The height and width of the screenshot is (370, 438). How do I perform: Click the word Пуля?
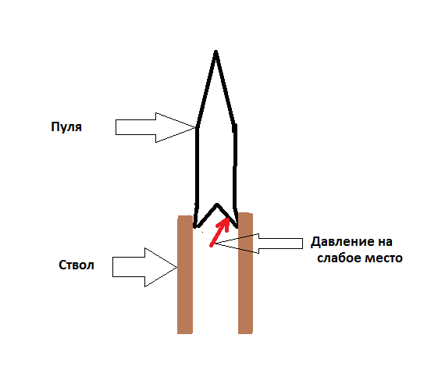pos(66,127)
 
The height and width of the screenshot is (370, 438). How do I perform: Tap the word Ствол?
pos(77,265)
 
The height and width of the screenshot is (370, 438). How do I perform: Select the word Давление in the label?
pos(340,242)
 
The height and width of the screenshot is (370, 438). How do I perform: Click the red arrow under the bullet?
pos(220,232)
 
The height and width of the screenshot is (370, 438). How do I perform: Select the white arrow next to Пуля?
pos(155,127)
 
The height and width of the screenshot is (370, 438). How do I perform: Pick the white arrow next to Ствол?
pos(144,267)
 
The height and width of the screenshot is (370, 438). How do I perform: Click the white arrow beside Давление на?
pos(258,244)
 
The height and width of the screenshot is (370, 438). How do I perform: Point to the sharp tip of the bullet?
pos(215,51)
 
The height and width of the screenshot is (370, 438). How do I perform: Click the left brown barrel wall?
pos(185,275)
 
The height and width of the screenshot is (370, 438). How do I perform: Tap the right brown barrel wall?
pos(245,273)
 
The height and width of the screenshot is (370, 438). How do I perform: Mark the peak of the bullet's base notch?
pos(217,205)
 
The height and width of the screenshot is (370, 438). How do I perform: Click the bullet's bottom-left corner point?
pos(195,226)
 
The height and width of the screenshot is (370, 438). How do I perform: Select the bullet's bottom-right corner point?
pos(237,226)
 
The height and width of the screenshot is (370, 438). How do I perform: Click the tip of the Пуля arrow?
pos(195,127)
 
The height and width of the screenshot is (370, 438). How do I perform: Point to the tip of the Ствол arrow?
pos(177,267)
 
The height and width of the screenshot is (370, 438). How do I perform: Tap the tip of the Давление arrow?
pos(215,244)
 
